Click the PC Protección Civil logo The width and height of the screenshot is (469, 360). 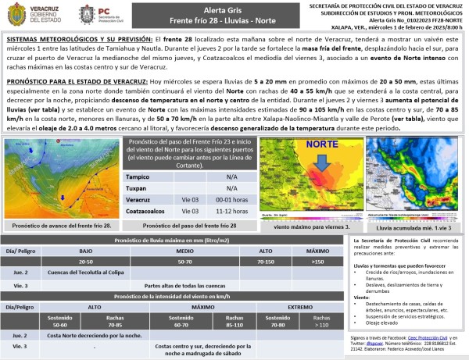click(x=97, y=15)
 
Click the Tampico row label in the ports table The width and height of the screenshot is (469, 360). click(x=139, y=176)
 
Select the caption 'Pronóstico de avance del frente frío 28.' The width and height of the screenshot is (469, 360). click(x=59, y=225)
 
